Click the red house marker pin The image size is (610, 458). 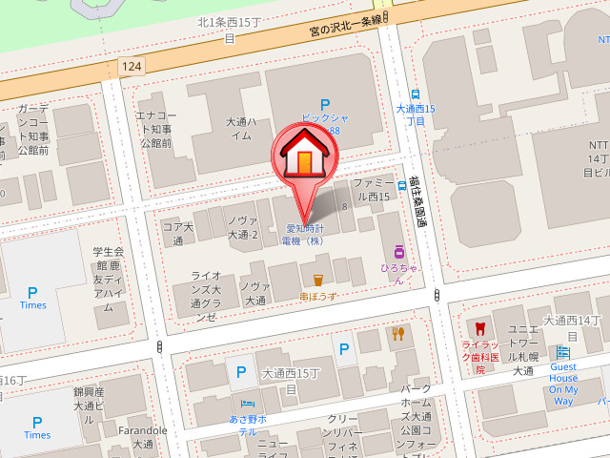coord(304,157)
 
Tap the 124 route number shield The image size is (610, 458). coord(132,64)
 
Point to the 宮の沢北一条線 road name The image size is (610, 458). coord(345,26)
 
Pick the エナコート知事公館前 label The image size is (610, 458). coord(154,129)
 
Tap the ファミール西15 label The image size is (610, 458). coord(372,189)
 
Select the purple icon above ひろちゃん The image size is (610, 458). coord(399,253)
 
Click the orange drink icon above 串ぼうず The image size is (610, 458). coord(317,280)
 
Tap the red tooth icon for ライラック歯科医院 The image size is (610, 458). coord(479,329)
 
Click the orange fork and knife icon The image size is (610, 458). coord(397,333)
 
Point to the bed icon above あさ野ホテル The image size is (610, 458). coord(247,403)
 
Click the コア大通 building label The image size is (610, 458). coord(177,234)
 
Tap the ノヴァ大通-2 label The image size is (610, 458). coord(243,227)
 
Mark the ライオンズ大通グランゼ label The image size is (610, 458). coord(206,296)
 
